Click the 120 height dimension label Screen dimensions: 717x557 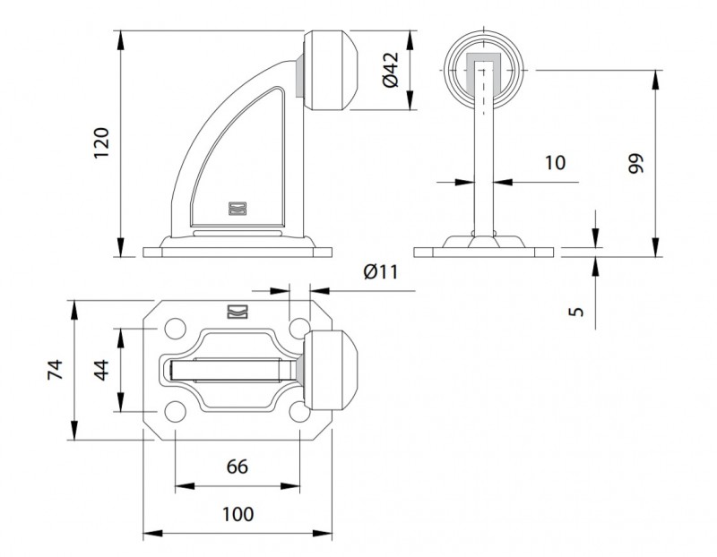[x=101, y=142]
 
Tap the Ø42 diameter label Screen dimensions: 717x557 [x=391, y=70]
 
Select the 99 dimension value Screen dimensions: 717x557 [x=635, y=163]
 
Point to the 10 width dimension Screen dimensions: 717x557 [x=555, y=162]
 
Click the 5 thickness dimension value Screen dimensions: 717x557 [x=576, y=311]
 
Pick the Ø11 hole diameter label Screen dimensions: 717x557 [x=380, y=272]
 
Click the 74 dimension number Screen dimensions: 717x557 [x=55, y=370]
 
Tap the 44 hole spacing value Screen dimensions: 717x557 [x=101, y=370]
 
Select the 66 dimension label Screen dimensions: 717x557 [x=238, y=467]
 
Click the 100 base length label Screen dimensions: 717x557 [x=238, y=514]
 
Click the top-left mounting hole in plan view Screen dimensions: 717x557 [x=175, y=329]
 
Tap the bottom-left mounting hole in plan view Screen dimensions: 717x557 [x=175, y=412]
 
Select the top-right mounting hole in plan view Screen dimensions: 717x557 [x=298, y=328]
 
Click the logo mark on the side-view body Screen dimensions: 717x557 [x=238, y=209]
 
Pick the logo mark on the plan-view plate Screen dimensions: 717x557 [x=238, y=311]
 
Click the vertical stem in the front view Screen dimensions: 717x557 [x=484, y=150]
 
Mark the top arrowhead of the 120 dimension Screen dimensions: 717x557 [x=121, y=39]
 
